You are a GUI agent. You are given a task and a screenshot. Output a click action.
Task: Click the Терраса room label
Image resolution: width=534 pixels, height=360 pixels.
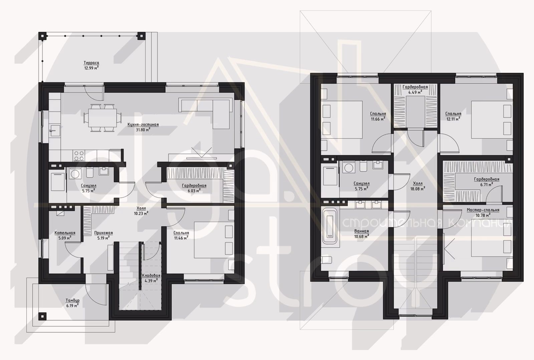[x=91, y=63]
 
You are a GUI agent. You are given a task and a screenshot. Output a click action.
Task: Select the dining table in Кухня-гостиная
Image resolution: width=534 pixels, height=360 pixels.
[x=102, y=118]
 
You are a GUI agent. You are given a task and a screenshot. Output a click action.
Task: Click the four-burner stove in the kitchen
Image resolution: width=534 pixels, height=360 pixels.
[x=79, y=156]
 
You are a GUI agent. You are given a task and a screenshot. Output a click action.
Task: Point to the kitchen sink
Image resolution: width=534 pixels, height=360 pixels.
[x=55, y=131]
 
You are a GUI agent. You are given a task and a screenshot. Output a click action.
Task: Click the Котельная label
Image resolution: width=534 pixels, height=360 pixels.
[x=65, y=233]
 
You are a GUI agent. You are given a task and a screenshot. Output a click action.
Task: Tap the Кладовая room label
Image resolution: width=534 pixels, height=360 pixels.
[x=151, y=276]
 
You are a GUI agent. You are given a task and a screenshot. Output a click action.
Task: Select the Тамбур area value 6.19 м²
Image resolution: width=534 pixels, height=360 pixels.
[x=72, y=306]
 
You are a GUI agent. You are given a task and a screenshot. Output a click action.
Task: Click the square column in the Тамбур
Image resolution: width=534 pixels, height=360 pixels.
[x=42, y=316]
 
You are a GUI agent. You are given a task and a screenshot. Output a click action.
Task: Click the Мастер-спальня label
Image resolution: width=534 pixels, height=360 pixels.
[x=483, y=210]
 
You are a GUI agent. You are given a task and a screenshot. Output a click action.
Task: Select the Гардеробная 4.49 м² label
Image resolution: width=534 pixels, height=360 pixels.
[x=415, y=87]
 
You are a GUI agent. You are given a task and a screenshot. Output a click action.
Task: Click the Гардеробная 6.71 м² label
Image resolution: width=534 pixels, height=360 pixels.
[x=487, y=179]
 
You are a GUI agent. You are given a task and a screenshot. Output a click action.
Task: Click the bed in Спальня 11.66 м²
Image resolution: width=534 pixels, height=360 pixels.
[x=342, y=120]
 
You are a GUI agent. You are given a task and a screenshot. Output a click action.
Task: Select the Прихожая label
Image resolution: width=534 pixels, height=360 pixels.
[x=103, y=233]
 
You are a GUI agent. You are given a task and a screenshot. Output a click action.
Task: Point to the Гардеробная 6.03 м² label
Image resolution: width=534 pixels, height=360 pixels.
[x=194, y=186]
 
